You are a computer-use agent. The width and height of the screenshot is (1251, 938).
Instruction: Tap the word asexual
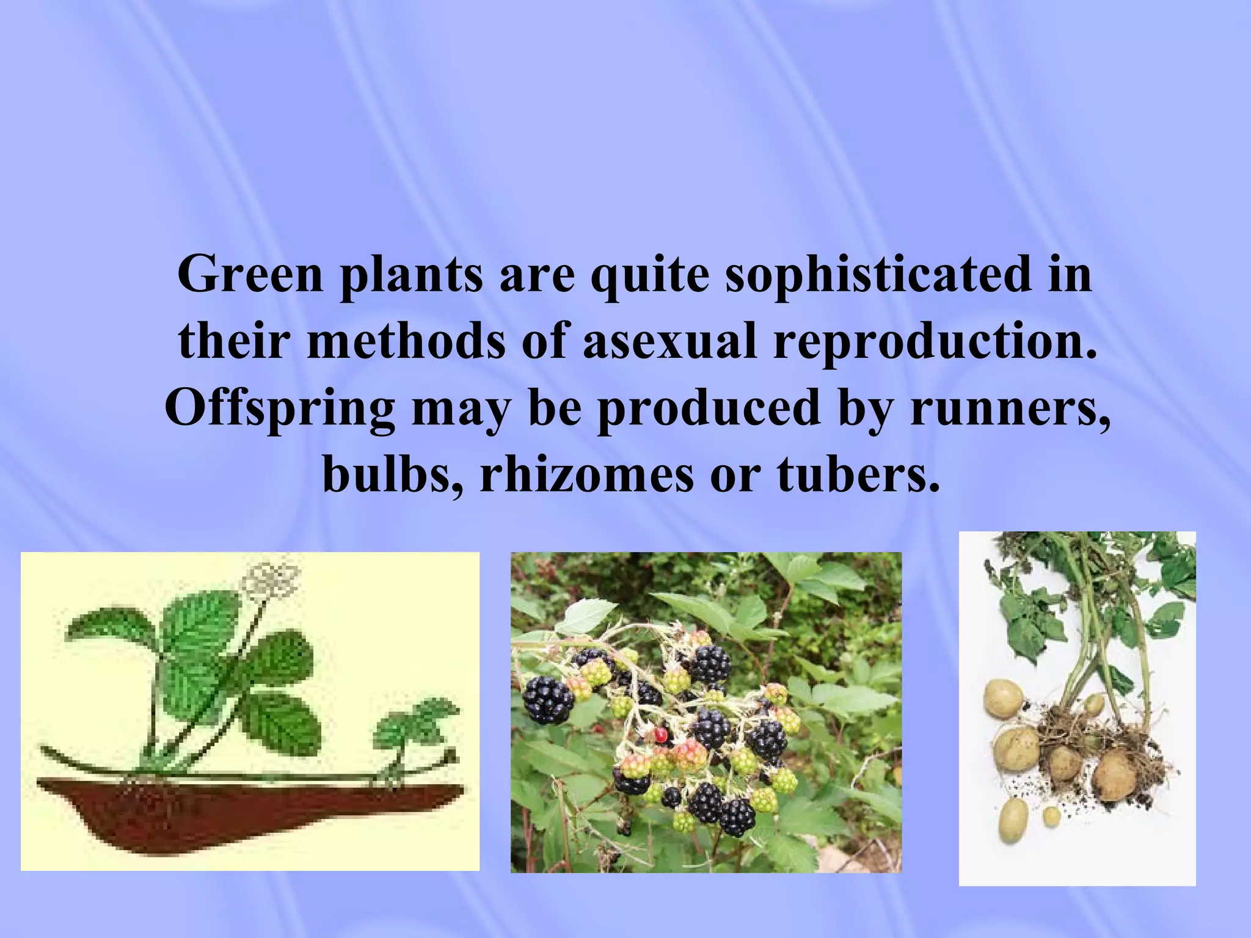click(669, 341)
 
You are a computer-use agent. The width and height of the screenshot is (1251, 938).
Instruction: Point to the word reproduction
click(935, 341)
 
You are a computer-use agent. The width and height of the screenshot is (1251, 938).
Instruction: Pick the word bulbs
click(392, 474)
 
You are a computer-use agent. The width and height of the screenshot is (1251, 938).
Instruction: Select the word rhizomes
click(586, 474)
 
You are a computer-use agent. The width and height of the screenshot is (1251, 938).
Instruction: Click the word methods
click(406, 341)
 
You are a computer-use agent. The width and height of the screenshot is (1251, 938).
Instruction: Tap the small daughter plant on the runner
click(415, 730)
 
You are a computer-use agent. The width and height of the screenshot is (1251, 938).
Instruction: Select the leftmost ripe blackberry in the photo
click(548, 700)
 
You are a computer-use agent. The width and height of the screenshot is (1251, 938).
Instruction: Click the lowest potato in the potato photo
click(1013, 819)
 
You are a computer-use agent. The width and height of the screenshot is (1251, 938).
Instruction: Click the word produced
click(708, 408)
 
